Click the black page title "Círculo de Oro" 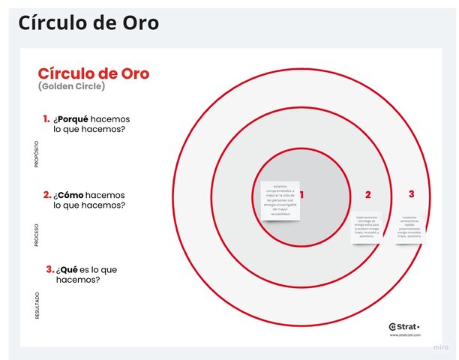pyautogui.click(x=88, y=23)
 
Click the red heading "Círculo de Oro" pyautogui.click(x=94, y=73)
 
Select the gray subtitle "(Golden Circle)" pyautogui.click(x=71, y=86)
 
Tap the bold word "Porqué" pyautogui.click(x=78, y=118)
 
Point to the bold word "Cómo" pyautogui.click(x=75, y=194)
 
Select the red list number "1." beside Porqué pyautogui.click(x=46, y=118)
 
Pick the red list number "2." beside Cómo pyautogui.click(x=47, y=194)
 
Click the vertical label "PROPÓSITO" pyautogui.click(x=37, y=153)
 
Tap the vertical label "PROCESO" pyautogui.click(x=37, y=234)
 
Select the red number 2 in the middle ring pyautogui.click(x=367, y=195)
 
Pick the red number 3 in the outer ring pyautogui.click(x=411, y=194)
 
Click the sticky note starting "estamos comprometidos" pyautogui.click(x=280, y=200)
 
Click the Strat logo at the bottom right pyautogui.click(x=405, y=326)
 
